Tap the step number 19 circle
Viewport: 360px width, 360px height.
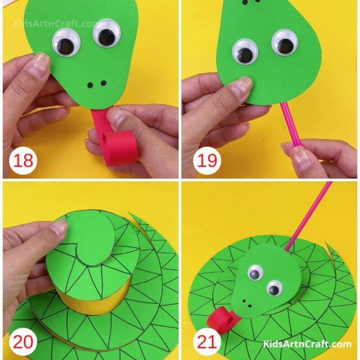(x=207, y=160)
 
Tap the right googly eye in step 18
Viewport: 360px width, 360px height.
(x=106, y=33)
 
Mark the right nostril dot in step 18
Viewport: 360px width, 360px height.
(x=103, y=83)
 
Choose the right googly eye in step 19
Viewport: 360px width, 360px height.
(x=284, y=43)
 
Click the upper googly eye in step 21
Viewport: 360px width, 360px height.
(x=255, y=272)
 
